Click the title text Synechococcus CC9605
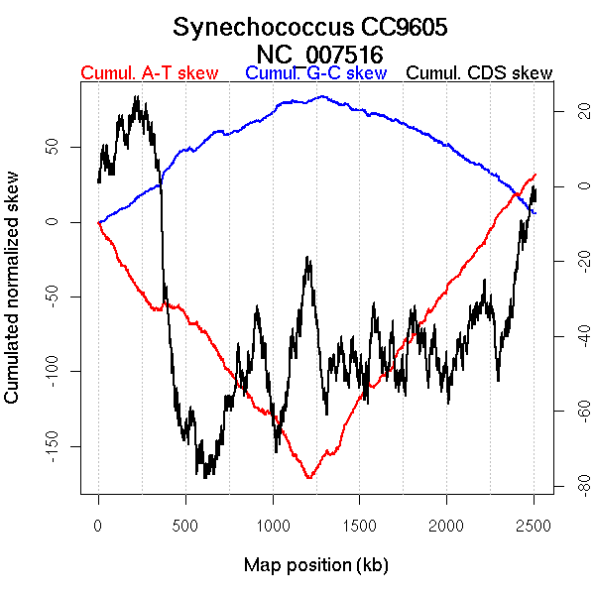(x=310, y=27)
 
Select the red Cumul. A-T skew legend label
(x=149, y=73)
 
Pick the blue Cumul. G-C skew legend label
(x=315, y=73)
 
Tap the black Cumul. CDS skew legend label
(x=480, y=73)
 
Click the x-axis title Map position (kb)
(x=315, y=565)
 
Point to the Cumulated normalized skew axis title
(x=13, y=297)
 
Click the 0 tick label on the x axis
(x=98, y=525)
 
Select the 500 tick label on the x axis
(x=185, y=525)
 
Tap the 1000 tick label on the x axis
(x=273, y=525)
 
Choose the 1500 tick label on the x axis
(x=360, y=525)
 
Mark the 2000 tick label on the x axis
(x=446, y=525)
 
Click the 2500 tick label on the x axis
(x=534, y=525)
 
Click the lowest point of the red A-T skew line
(x=309, y=478)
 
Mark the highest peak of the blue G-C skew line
(x=321, y=96)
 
